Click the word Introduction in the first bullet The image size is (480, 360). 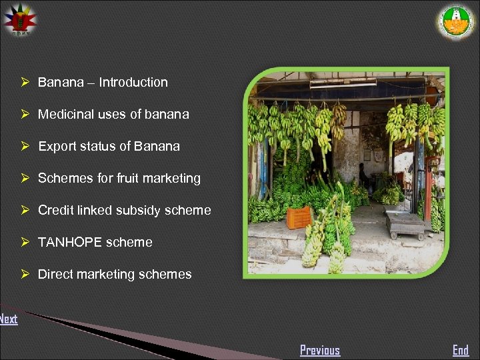(133, 83)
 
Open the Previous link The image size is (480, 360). (320, 350)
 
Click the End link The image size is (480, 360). (461, 350)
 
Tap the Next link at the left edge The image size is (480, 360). (8, 319)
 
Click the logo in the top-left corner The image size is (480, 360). (20, 20)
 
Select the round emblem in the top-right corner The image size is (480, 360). (457, 22)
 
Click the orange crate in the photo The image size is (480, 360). (298, 217)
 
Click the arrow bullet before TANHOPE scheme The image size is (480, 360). (24, 243)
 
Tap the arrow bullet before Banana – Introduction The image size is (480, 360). (24, 83)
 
